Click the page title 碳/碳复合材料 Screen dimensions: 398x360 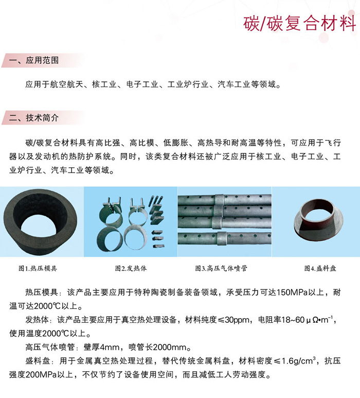[299, 23]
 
